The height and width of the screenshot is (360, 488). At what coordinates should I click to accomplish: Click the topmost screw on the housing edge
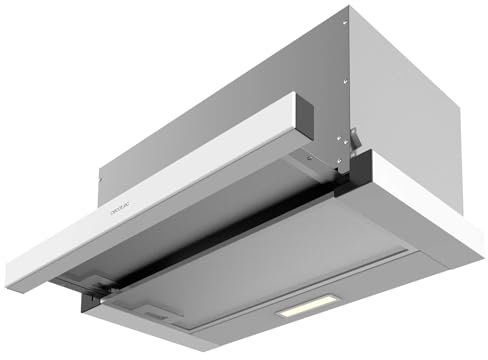(x=346, y=22)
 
